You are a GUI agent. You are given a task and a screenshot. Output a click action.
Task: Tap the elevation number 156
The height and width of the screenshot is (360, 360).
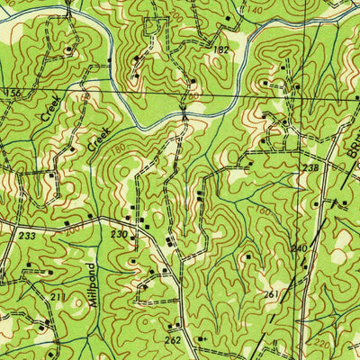click(x=13, y=94)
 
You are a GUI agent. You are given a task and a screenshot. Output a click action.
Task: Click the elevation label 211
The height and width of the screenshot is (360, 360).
click(x=58, y=296)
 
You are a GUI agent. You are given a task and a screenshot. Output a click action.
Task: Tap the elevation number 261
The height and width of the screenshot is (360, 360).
click(x=270, y=294)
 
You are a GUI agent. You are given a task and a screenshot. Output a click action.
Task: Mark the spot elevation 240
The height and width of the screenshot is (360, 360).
click(x=299, y=247)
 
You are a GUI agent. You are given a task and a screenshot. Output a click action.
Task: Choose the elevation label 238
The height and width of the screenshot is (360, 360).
click(x=311, y=166)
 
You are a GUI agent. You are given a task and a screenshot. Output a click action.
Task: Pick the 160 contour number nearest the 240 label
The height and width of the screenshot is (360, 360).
click(x=261, y=212)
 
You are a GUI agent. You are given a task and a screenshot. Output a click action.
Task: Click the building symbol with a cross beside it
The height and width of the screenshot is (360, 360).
click(x=200, y=338)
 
